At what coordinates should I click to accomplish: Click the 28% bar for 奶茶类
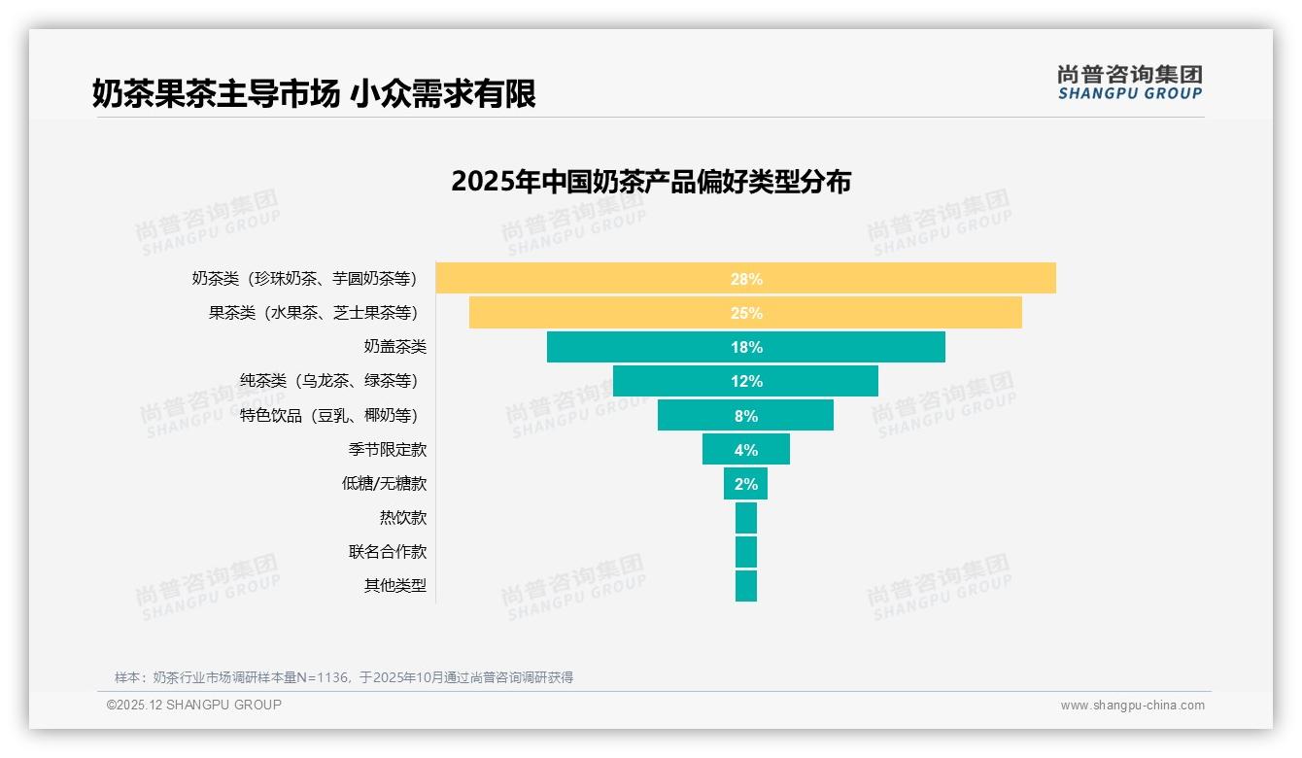745,278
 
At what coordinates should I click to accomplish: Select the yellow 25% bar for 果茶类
745,313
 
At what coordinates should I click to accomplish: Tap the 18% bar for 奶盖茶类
745,347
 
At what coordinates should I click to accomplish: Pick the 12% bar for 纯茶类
745,381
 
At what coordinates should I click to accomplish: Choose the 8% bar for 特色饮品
745,415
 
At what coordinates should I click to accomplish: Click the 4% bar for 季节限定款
745,449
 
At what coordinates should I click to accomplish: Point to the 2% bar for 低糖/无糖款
745,483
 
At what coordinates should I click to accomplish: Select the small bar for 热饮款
745,518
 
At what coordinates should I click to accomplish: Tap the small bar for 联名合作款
745,552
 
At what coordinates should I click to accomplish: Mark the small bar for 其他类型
745,586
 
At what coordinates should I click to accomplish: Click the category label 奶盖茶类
394,347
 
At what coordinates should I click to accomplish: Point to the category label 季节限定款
387,449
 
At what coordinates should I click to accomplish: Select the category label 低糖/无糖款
384,483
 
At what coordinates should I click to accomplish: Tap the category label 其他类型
394,586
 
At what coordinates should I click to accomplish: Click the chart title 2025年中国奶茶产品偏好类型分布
651,182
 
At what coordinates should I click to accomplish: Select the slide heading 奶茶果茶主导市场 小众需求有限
314,94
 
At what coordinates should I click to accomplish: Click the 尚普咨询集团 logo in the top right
1129,83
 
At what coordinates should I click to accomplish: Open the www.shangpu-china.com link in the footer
1132,706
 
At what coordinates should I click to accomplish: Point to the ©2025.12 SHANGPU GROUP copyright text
194,705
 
